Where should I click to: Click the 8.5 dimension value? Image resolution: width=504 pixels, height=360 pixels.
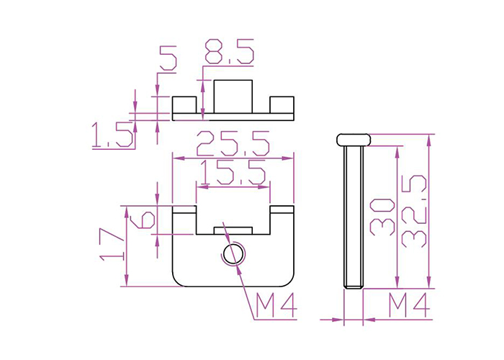230,51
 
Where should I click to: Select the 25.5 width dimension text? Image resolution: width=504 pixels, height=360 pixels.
233,144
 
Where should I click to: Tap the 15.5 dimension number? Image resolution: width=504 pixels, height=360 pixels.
233,172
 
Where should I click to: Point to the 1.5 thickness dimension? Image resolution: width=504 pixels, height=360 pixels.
112,135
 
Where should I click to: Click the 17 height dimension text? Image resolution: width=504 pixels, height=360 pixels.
111,244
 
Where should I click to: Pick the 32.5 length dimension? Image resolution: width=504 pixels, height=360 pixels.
414,211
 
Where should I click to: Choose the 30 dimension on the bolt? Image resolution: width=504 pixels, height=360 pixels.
382,217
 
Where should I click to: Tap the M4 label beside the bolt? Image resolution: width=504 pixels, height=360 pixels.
409,305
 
